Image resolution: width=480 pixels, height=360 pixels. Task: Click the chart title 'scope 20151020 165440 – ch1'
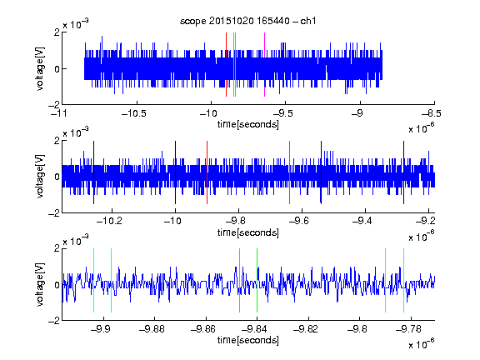pos(247,21)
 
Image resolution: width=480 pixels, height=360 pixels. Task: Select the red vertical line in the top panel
pos(226,65)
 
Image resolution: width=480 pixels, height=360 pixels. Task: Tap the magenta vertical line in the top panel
pos(264,65)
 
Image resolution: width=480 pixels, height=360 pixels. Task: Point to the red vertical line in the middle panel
pos(207,172)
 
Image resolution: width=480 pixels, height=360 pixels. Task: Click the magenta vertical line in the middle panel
pos(290,172)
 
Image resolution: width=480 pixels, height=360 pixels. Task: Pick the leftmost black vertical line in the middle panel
pos(93,172)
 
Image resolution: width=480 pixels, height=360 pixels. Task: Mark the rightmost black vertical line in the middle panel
pos(403,172)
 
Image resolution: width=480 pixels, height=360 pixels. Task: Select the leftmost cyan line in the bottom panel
pos(93,280)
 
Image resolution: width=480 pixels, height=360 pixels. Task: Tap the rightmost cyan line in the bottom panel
pos(403,280)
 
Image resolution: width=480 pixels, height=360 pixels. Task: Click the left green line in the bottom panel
pos(239,280)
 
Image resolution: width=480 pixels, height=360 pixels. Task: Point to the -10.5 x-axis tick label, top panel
pos(134,113)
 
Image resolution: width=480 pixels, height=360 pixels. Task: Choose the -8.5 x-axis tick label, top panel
pos(432,113)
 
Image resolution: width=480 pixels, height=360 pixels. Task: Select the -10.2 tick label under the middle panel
pos(109,221)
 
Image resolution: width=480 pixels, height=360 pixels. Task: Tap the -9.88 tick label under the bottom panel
pos(152,329)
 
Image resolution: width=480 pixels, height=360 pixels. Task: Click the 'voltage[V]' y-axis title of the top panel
pos(40,68)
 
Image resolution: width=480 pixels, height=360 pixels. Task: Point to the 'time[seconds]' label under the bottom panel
pos(248,340)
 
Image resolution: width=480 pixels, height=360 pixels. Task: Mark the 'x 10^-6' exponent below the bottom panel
pos(422,343)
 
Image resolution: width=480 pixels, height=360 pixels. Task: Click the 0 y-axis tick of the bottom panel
pos(57,285)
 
